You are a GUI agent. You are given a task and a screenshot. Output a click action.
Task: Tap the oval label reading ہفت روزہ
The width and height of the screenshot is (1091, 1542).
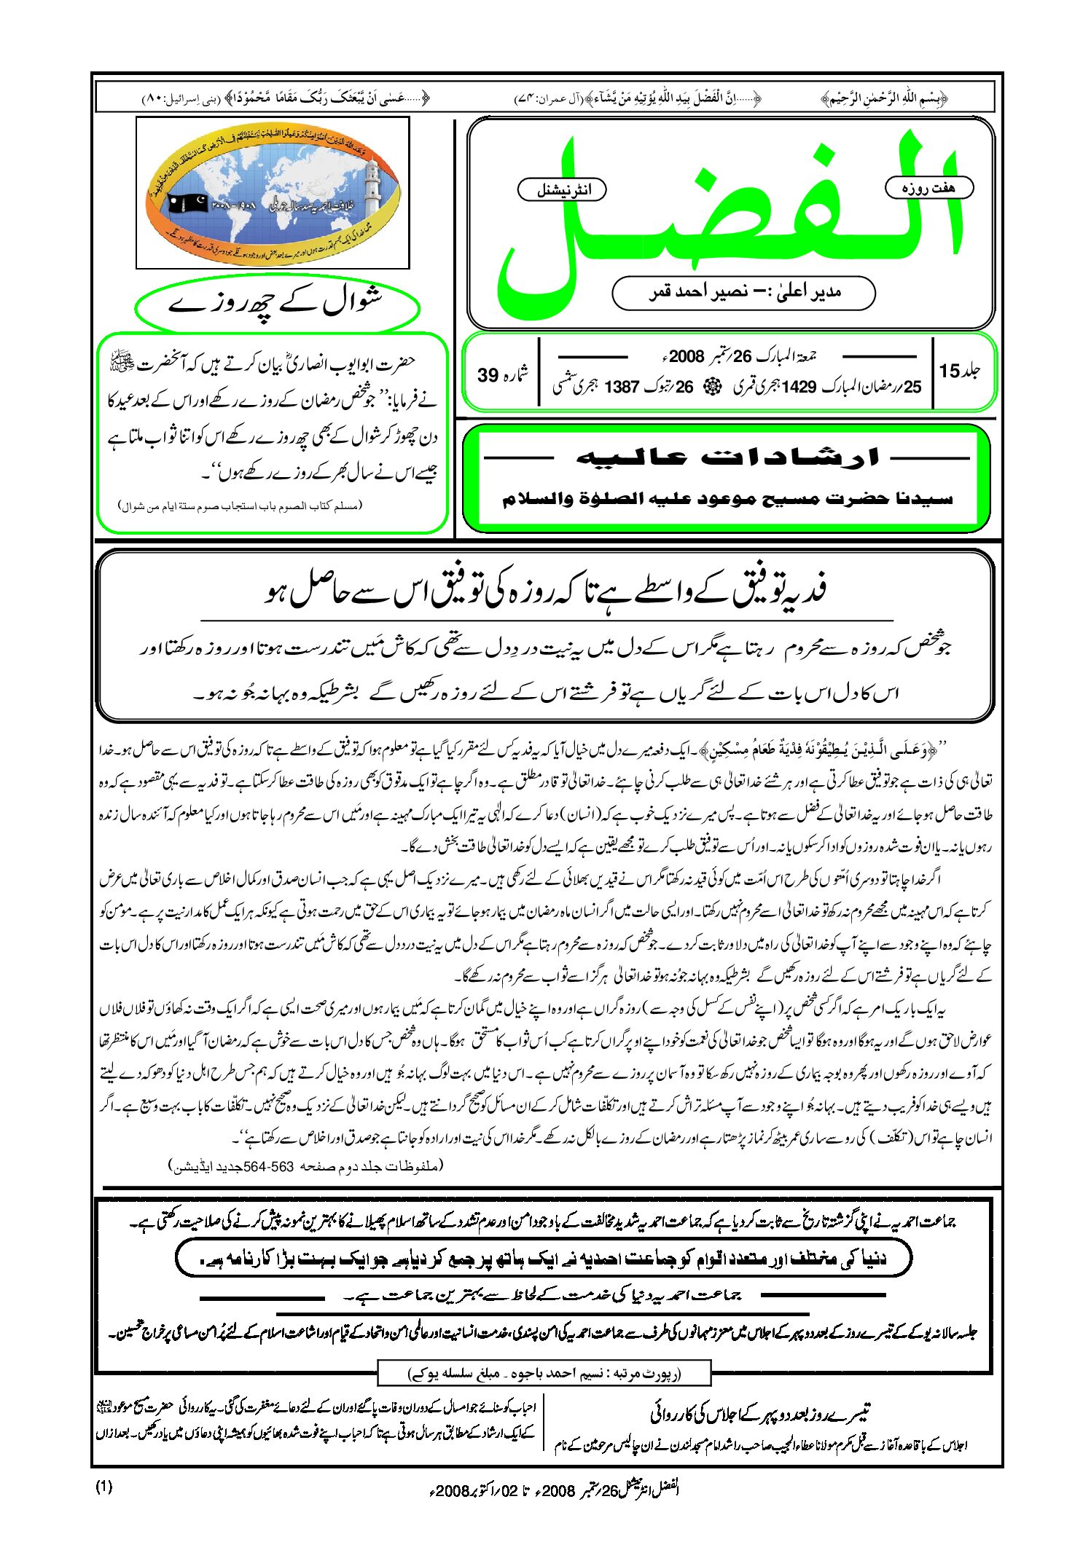click(928, 188)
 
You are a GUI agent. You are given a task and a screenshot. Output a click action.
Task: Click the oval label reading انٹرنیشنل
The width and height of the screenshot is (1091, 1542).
click(562, 190)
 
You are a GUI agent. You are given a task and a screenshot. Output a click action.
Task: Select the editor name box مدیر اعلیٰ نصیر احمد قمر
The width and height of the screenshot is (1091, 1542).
click(743, 293)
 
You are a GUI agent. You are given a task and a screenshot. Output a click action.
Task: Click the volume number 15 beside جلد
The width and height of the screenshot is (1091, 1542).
click(950, 371)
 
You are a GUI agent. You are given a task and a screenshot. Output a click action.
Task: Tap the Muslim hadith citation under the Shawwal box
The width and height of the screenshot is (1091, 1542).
click(241, 506)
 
